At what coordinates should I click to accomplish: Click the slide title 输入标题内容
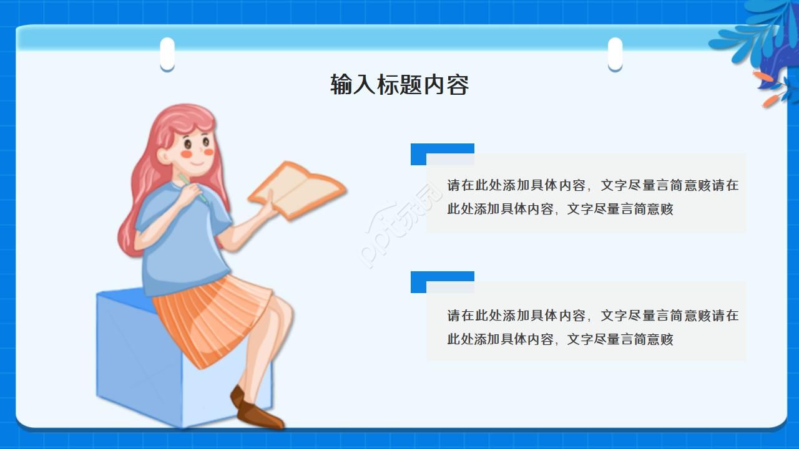click(399, 85)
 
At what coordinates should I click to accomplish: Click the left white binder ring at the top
click(167, 54)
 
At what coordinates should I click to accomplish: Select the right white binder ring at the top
click(615, 54)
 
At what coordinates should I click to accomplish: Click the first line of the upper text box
click(592, 185)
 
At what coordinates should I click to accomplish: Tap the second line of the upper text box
click(560, 210)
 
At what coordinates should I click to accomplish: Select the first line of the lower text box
click(592, 316)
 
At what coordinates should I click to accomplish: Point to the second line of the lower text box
click(560, 340)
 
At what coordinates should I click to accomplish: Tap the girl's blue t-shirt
click(181, 243)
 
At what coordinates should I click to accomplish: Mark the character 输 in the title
click(341, 85)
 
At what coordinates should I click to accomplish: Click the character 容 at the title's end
click(458, 85)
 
